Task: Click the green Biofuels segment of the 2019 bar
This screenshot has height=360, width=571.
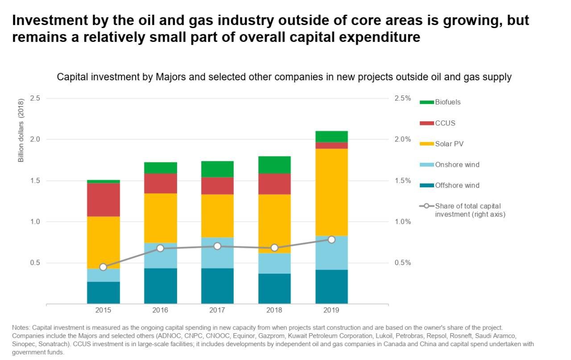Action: click(x=331, y=137)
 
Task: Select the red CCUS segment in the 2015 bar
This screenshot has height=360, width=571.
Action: click(x=103, y=199)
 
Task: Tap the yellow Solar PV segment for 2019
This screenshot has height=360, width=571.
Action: click(x=331, y=192)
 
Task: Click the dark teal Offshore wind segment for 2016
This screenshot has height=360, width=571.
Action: click(x=161, y=286)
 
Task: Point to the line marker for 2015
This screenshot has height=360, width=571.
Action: click(x=103, y=267)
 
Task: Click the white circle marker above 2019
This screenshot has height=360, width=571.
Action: click(x=331, y=240)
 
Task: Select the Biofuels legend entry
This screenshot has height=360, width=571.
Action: click(x=447, y=102)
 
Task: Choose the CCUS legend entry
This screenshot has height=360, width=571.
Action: click(x=445, y=123)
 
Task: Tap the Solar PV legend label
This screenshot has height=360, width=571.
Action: click(x=449, y=144)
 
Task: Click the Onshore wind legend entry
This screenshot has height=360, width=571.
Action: click(x=457, y=165)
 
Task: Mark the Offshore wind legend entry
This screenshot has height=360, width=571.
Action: click(x=457, y=186)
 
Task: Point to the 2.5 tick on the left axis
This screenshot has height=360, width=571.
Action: click(x=35, y=98)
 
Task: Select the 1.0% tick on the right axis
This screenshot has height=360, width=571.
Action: click(x=403, y=222)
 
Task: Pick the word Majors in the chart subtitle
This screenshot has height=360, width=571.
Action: click(x=169, y=77)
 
